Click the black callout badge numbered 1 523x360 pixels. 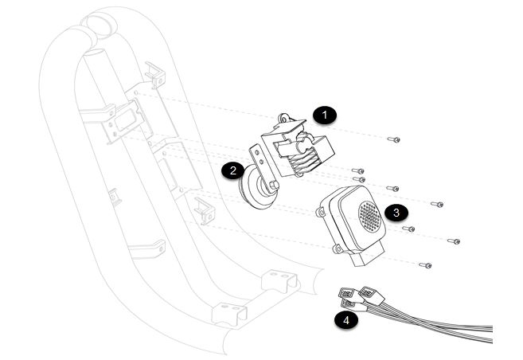coord(324,115)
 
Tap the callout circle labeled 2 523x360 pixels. coord(232,170)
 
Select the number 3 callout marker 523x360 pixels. coord(396,213)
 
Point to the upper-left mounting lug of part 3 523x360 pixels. coord(322,211)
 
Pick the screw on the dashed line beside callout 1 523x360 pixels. coord(394,139)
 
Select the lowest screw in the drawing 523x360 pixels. coord(427,264)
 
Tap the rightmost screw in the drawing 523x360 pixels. coord(455,241)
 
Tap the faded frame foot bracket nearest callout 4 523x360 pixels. coord(280,281)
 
